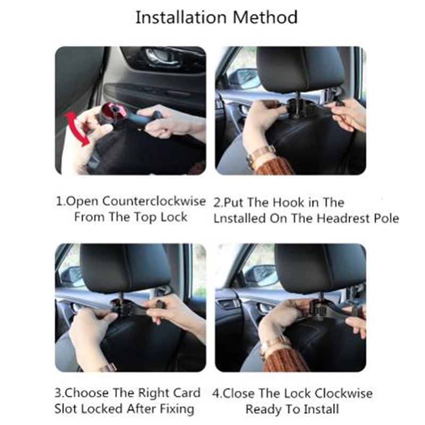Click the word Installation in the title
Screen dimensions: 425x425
(181, 18)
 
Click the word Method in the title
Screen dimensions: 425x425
(265, 18)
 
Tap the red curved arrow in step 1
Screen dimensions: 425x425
(76, 128)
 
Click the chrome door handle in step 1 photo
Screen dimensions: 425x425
(163, 57)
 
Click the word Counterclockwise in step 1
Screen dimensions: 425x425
(154, 201)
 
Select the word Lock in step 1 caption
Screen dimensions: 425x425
(174, 217)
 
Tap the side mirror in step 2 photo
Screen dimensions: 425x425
(244, 78)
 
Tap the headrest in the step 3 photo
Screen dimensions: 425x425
(125, 268)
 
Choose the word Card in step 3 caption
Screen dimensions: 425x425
(187, 393)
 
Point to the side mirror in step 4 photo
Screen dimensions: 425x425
(261, 275)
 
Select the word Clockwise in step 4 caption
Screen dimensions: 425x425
(343, 394)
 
